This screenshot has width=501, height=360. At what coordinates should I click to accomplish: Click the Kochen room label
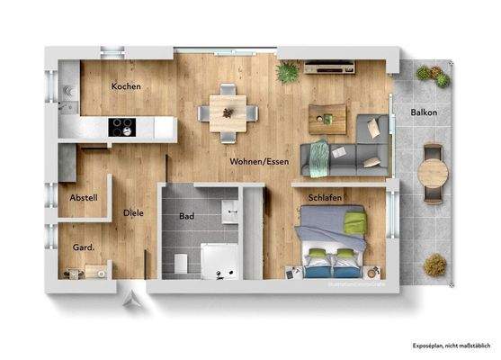126,86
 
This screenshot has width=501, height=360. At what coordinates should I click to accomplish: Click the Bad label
187,217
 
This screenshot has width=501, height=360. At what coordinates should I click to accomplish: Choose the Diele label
133,213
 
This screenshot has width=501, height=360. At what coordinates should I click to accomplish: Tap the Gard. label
84,245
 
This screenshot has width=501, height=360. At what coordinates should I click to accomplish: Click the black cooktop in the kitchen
122,128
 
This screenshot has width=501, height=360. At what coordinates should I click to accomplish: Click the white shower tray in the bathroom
219,261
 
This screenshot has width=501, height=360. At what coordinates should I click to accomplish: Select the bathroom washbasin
230,209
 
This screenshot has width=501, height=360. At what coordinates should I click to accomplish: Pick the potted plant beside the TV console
288,72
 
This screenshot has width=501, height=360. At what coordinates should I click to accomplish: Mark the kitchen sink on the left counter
68,90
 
